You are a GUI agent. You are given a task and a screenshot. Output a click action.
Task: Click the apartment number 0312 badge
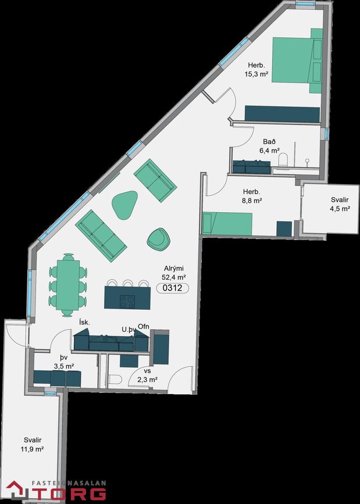tap(173, 288)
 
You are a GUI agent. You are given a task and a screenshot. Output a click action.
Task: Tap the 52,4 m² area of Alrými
tap(174, 277)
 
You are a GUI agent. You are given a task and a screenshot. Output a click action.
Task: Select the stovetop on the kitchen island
tap(127, 302)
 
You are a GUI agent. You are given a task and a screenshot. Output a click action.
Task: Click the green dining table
tap(67, 285)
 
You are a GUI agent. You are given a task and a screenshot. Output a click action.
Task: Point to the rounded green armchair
tap(158, 238)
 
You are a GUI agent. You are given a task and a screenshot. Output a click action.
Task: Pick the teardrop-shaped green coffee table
tap(124, 205)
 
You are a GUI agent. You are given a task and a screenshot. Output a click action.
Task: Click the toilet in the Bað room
tap(283, 160)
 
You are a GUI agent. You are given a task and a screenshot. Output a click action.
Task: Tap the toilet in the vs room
tap(115, 380)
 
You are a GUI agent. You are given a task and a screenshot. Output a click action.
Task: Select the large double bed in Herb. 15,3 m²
tap(297, 60)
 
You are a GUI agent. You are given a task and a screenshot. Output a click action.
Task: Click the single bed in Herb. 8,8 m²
tap(227, 223)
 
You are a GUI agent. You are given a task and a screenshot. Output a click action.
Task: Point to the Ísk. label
tap(84, 323)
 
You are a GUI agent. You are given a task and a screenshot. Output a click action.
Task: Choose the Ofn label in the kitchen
tap(144, 327)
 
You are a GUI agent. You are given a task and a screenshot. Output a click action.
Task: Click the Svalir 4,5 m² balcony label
tap(340, 205)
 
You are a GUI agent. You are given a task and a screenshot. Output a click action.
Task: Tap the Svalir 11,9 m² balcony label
tap(32, 445)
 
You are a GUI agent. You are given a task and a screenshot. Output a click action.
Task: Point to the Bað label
tap(269, 142)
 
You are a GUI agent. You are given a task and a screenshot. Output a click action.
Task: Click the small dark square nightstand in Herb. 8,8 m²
tap(284, 228)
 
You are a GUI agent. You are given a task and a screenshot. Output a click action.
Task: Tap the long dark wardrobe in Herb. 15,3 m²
tap(282, 114)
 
